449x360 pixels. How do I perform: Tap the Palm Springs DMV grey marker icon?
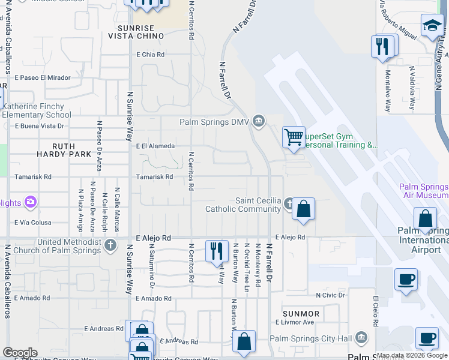[259, 122]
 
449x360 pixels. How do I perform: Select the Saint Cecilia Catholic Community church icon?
[289, 204]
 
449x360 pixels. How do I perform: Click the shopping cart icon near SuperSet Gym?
[294, 137]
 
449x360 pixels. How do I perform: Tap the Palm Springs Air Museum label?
[424, 191]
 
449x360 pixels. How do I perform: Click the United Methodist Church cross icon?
[110, 245]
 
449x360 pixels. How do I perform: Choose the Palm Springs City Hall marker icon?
[361, 338]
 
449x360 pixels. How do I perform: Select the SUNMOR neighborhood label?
[301, 314]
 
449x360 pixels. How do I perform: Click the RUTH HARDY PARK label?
[71, 150]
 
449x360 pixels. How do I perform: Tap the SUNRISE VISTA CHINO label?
[136, 32]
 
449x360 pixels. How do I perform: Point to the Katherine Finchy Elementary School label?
[37, 110]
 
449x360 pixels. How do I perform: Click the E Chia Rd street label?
[150, 55]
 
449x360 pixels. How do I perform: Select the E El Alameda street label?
[155, 146]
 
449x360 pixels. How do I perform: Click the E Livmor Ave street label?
[295, 322]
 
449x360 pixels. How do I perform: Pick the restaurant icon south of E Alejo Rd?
[217, 251]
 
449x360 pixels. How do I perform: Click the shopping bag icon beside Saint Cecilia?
[303, 209]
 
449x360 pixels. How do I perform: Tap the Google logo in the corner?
[19, 353]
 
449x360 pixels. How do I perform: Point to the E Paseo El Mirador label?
[42, 77]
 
